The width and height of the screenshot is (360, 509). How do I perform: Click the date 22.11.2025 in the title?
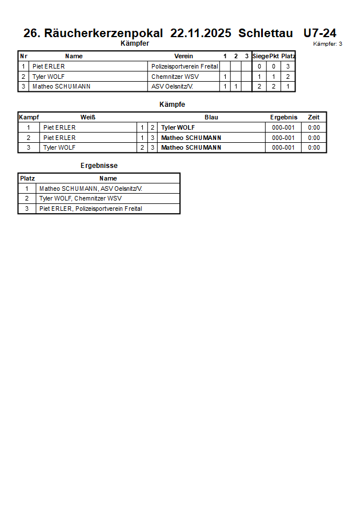(201, 33)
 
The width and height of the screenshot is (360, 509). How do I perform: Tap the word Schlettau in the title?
(266, 33)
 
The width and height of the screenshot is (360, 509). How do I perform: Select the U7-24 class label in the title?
(319, 33)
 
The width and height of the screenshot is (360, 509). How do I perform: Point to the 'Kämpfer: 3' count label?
(328, 44)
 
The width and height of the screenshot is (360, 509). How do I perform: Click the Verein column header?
(183, 56)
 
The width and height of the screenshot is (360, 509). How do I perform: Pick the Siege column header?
(260, 56)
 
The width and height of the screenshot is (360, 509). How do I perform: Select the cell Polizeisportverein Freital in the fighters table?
(185, 66)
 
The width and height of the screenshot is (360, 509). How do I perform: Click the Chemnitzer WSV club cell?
(175, 77)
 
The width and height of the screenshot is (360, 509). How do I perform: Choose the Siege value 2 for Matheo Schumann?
(259, 87)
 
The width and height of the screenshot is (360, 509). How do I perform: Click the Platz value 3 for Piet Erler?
(288, 66)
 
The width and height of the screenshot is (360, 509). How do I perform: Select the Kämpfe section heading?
(172, 105)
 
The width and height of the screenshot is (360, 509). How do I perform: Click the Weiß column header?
(88, 117)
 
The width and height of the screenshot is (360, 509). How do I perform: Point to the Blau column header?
(211, 117)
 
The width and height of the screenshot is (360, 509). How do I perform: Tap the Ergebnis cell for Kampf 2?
(283, 138)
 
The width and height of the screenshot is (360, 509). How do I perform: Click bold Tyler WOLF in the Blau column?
(178, 127)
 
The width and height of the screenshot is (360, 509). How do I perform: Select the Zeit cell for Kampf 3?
(314, 147)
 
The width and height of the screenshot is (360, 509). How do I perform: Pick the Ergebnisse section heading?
(99, 166)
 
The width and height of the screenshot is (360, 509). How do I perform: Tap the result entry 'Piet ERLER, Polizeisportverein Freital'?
(90, 209)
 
